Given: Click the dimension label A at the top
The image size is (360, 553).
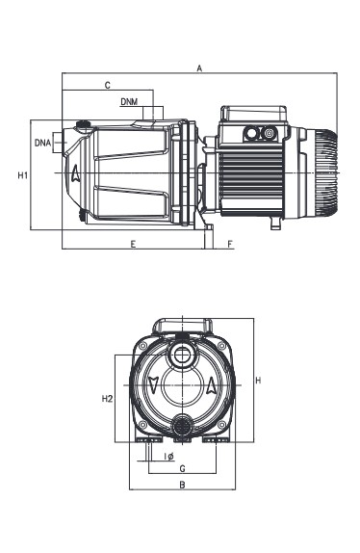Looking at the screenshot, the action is (199, 68).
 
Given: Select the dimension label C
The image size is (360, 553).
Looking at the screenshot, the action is (108, 85).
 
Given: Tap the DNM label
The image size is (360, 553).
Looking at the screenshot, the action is (129, 102).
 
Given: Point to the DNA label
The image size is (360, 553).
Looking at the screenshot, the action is (43, 143).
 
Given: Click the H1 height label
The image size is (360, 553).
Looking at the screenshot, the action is (23, 175).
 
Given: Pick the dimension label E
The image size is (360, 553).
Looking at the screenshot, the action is (133, 244).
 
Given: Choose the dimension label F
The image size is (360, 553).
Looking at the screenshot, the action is (230, 244).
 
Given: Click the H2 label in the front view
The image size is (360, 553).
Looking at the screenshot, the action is (107, 399).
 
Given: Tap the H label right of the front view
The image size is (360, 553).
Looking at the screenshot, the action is (258, 381).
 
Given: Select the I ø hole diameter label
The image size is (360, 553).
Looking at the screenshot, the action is (169, 457).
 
